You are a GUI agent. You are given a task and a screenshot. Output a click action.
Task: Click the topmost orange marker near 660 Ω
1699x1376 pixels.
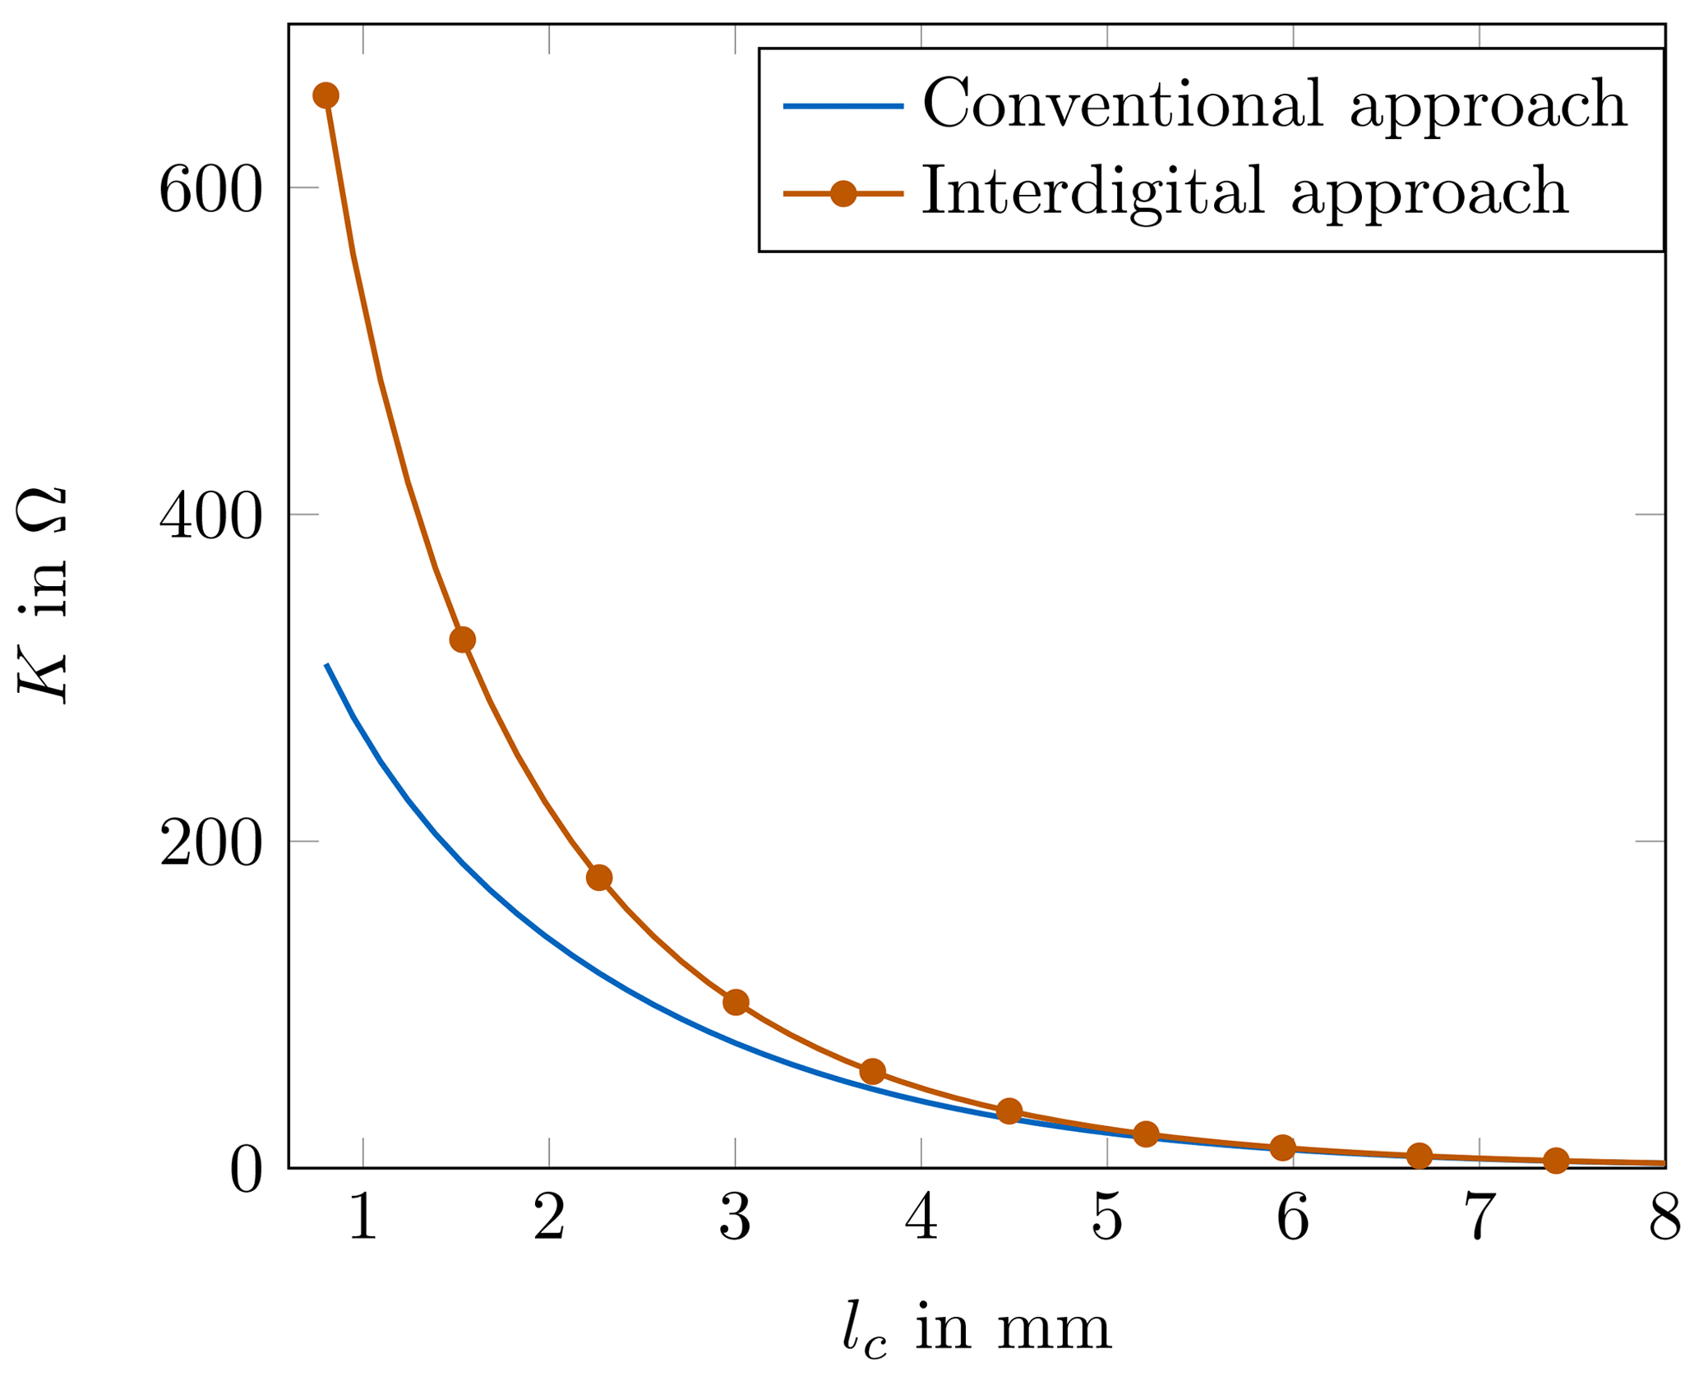[x=325, y=95]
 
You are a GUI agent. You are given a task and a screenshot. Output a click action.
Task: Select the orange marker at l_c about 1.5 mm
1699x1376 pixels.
[x=463, y=640]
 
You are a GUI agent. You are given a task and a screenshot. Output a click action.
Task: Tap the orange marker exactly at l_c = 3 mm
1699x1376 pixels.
[x=736, y=1002]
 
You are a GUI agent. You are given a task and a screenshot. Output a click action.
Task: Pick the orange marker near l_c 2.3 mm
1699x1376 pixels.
[x=599, y=878]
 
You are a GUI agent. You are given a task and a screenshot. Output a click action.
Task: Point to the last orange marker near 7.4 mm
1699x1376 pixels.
[x=1555, y=1161]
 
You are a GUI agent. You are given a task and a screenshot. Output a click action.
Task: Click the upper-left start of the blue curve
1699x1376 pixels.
[x=327, y=665]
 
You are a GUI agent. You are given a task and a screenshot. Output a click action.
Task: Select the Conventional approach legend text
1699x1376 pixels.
[x=1274, y=104]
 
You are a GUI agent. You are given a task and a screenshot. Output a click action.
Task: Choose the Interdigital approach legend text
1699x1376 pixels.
[x=1244, y=192]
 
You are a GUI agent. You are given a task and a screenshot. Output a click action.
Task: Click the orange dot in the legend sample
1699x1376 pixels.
[x=843, y=194]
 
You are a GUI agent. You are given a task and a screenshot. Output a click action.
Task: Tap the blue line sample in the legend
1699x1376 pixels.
[x=843, y=106]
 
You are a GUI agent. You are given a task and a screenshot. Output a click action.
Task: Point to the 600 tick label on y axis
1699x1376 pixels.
[x=210, y=190]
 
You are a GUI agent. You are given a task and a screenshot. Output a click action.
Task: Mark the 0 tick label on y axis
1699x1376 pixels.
[x=246, y=1171]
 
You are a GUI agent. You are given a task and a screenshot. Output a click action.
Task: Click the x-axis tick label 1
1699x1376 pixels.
[x=362, y=1218]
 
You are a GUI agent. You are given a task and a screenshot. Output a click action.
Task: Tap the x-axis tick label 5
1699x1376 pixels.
[x=1106, y=1218]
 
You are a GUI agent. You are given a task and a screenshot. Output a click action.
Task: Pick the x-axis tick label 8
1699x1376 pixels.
[x=1664, y=1218]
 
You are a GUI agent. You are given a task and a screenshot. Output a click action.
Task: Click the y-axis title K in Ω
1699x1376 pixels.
[x=41, y=596]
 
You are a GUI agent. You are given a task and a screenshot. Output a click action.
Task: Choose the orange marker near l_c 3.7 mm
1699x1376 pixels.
[x=872, y=1072]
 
